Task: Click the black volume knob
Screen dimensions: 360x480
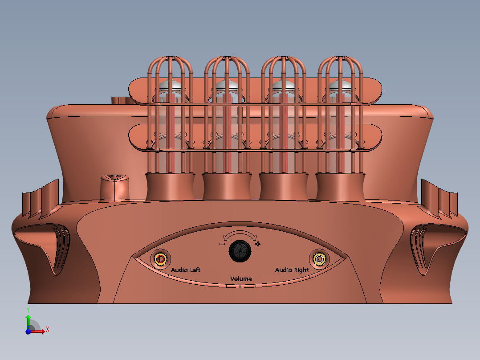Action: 240,252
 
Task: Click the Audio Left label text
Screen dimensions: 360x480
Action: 186,270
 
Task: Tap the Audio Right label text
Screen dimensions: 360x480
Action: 292,270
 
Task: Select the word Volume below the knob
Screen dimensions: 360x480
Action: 240,279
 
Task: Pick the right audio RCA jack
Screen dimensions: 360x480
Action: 319,259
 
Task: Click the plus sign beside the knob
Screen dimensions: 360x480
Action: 257,244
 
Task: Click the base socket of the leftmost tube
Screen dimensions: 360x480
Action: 171,187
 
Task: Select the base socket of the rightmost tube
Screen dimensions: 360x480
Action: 341,187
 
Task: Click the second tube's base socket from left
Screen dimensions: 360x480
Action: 227,187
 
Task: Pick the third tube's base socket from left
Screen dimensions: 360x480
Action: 284,187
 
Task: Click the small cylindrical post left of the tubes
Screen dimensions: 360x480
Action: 115,188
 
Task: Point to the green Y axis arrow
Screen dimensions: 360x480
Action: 28,317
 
